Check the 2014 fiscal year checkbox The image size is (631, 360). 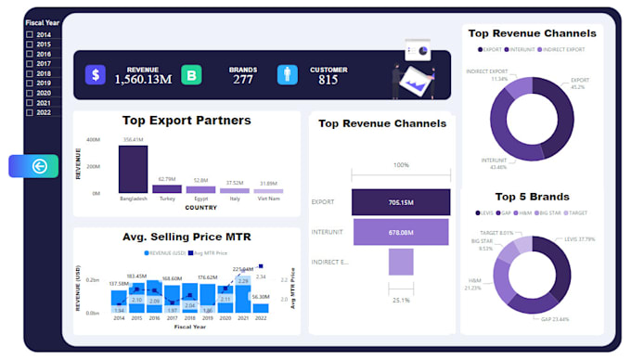(30, 34)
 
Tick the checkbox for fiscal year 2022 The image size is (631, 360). (30, 112)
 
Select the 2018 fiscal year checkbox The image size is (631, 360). (30, 73)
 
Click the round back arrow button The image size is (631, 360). (39, 166)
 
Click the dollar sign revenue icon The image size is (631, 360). (96, 75)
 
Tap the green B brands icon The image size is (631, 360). (191, 75)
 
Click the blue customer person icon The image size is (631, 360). (287, 75)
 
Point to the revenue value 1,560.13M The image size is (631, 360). (143, 80)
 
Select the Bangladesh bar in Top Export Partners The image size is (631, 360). (133, 169)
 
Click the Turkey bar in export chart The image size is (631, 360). (167, 188)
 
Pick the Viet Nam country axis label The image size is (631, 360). (269, 199)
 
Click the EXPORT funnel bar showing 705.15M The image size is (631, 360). (400, 201)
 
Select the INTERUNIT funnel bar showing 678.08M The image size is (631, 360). (400, 232)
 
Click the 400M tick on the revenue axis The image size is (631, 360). (94, 140)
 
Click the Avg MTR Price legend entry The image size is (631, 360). (208, 252)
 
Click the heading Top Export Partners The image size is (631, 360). (187, 121)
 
